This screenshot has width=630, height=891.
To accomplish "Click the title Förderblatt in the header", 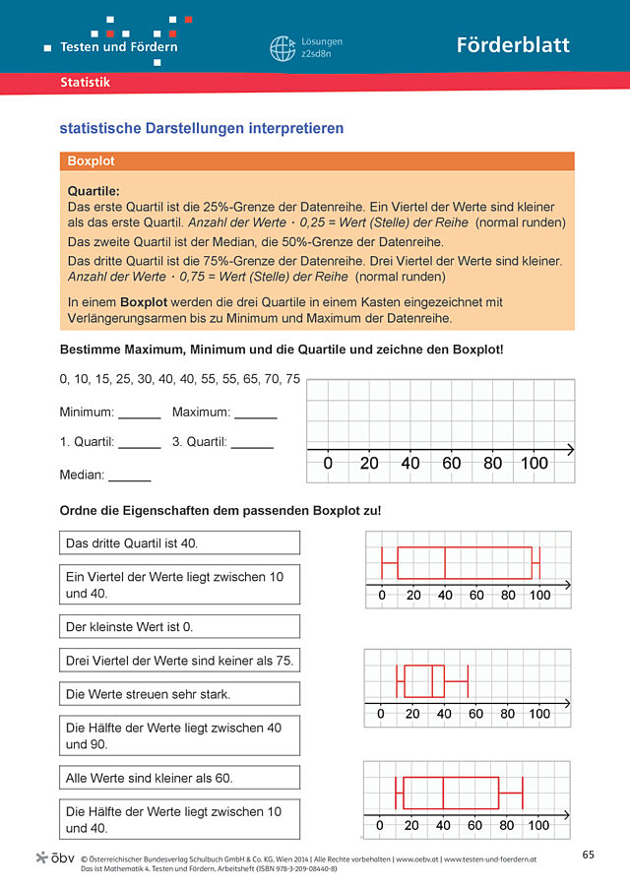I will click(512, 45).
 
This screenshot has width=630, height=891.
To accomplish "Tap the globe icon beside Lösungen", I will click(283, 48).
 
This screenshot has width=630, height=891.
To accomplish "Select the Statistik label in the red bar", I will click(85, 83).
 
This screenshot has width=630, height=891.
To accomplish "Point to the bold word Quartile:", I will click(94, 191).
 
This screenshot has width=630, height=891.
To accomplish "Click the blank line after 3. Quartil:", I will click(252, 445).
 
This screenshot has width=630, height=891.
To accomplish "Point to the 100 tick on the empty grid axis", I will click(534, 463).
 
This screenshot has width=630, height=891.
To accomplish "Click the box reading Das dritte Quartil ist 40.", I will click(179, 542).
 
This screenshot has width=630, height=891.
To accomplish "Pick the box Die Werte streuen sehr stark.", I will click(179, 694).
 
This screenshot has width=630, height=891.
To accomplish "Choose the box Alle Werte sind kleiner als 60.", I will click(179, 778).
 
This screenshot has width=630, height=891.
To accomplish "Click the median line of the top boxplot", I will click(445, 563).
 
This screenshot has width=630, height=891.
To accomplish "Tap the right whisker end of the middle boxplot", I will click(468, 680).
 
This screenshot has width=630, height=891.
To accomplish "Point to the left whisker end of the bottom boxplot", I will click(397, 793).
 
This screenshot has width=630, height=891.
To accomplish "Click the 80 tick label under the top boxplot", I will click(508, 596).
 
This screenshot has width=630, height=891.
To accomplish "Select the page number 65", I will click(589, 854).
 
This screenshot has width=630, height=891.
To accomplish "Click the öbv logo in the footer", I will click(54, 858).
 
